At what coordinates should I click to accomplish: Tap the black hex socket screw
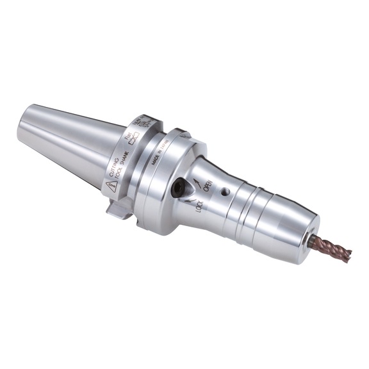178,187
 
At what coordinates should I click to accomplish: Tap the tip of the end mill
350,254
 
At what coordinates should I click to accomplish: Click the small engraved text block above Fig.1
142,122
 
